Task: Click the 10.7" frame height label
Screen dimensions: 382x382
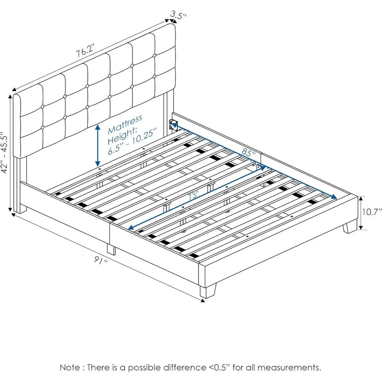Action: [x=371, y=212]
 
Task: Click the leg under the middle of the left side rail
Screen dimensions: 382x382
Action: [x=111, y=249]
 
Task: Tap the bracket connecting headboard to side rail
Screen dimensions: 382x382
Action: [x=173, y=125]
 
